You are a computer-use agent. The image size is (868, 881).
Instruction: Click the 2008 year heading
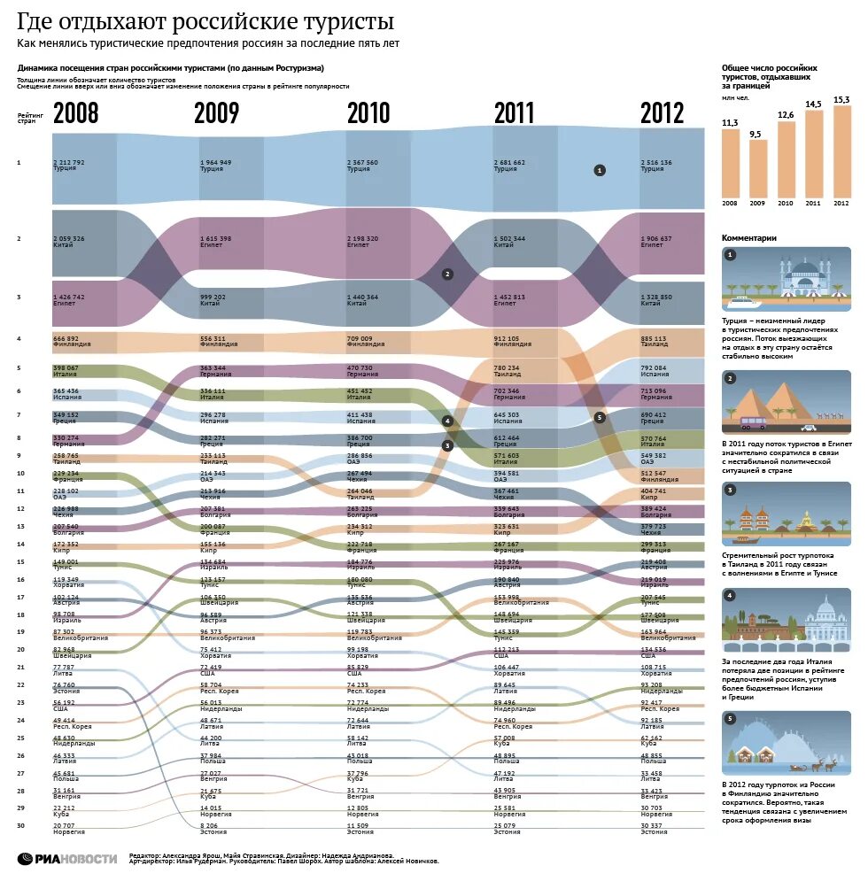click(75, 113)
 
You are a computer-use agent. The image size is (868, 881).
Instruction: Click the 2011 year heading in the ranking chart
click(514, 113)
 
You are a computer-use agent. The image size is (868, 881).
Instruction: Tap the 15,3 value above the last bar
click(841, 99)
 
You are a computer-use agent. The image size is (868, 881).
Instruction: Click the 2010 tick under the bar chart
click(785, 204)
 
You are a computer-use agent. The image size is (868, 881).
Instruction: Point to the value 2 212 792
click(68, 162)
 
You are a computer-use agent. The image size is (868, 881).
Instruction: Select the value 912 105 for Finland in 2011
click(509, 338)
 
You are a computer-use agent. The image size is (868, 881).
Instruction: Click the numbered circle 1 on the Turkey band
click(599, 169)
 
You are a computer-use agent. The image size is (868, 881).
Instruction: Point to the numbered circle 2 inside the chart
click(447, 274)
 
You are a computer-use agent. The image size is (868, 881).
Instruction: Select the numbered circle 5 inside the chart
click(600, 416)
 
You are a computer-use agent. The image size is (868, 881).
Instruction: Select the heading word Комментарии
click(749, 237)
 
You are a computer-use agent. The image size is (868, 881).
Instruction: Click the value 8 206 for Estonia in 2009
click(209, 824)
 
